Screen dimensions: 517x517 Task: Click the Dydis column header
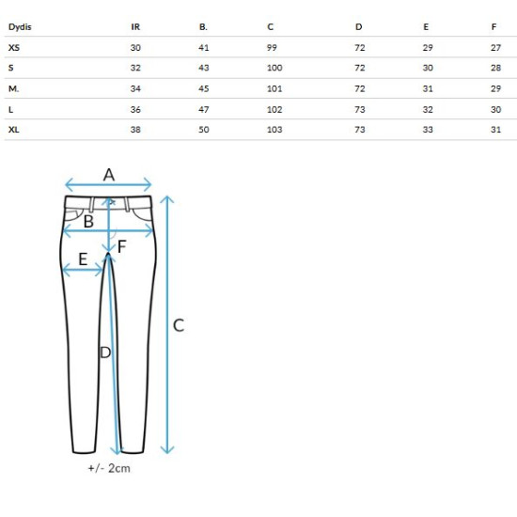coord(20,27)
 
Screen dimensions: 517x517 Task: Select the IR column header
coord(135,27)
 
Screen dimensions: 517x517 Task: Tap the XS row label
coord(14,48)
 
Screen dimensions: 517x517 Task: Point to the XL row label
coord(13,130)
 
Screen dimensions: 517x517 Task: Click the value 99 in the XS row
coord(272,48)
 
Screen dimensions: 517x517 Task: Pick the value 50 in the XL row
coord(204,130)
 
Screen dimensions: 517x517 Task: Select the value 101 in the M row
coord(274,88)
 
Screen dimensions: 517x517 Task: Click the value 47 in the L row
coord(204,109)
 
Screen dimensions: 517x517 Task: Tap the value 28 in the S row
coord(495,68)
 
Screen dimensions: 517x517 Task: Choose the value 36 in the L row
coord(135,109)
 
